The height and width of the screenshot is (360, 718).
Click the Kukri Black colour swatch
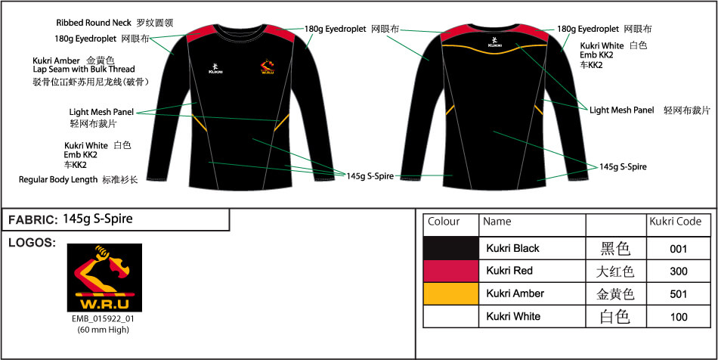(451, 249)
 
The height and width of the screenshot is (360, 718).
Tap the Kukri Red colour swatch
(451, 272)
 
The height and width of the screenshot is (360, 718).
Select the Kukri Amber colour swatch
(451, 293)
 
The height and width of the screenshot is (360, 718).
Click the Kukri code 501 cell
(678, 294)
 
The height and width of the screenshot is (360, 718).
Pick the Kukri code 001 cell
(678, 249)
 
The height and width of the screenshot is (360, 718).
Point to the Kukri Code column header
(676, 222)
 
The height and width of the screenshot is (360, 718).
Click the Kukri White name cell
(513, 316)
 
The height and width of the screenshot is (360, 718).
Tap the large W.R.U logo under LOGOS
(104, 278)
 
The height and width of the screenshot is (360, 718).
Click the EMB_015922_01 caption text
(103, 318)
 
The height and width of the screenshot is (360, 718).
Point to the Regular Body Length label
(58, 179)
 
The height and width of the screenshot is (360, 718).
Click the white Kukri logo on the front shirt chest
(215, 68)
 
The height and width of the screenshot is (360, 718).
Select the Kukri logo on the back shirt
(494, 42)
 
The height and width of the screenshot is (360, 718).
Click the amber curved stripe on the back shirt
(494, 48)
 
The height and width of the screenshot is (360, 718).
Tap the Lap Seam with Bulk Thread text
(84, 70)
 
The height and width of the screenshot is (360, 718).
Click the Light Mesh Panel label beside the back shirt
(622, 110)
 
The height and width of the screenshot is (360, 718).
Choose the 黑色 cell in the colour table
(615, 249)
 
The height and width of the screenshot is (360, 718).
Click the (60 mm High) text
(103, 329)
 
